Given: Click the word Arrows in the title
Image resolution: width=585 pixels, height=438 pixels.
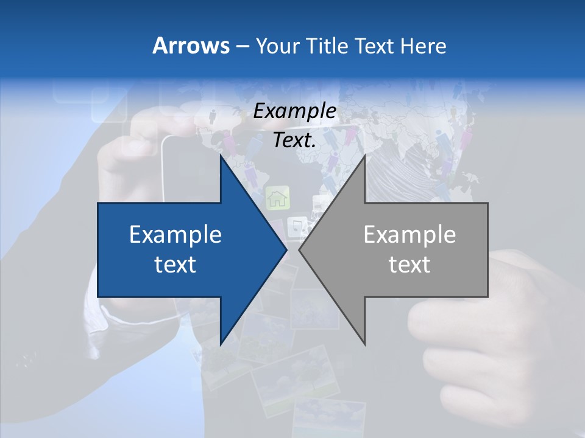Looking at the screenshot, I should (x=191, y=46).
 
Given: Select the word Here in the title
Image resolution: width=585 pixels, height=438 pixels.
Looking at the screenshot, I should (x=423, y=46).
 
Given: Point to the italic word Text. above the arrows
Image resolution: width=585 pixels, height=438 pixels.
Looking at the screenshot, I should (x=294, y=141).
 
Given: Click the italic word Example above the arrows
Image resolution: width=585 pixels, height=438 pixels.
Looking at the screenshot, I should (x=294, y=111).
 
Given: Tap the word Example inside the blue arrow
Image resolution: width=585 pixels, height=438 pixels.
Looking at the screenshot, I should (x=175, y=235).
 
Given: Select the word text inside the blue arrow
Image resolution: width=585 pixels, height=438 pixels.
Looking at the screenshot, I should (x=175, y=265).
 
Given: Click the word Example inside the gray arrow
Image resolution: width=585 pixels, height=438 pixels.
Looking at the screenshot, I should (x=409, y=235).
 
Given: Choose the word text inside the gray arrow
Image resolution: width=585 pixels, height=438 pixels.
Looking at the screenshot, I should (x=409, y=265).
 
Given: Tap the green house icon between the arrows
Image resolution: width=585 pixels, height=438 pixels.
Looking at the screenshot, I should (x=277, y=197).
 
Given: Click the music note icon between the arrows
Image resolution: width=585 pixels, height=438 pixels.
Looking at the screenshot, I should (x=297, y=226).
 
